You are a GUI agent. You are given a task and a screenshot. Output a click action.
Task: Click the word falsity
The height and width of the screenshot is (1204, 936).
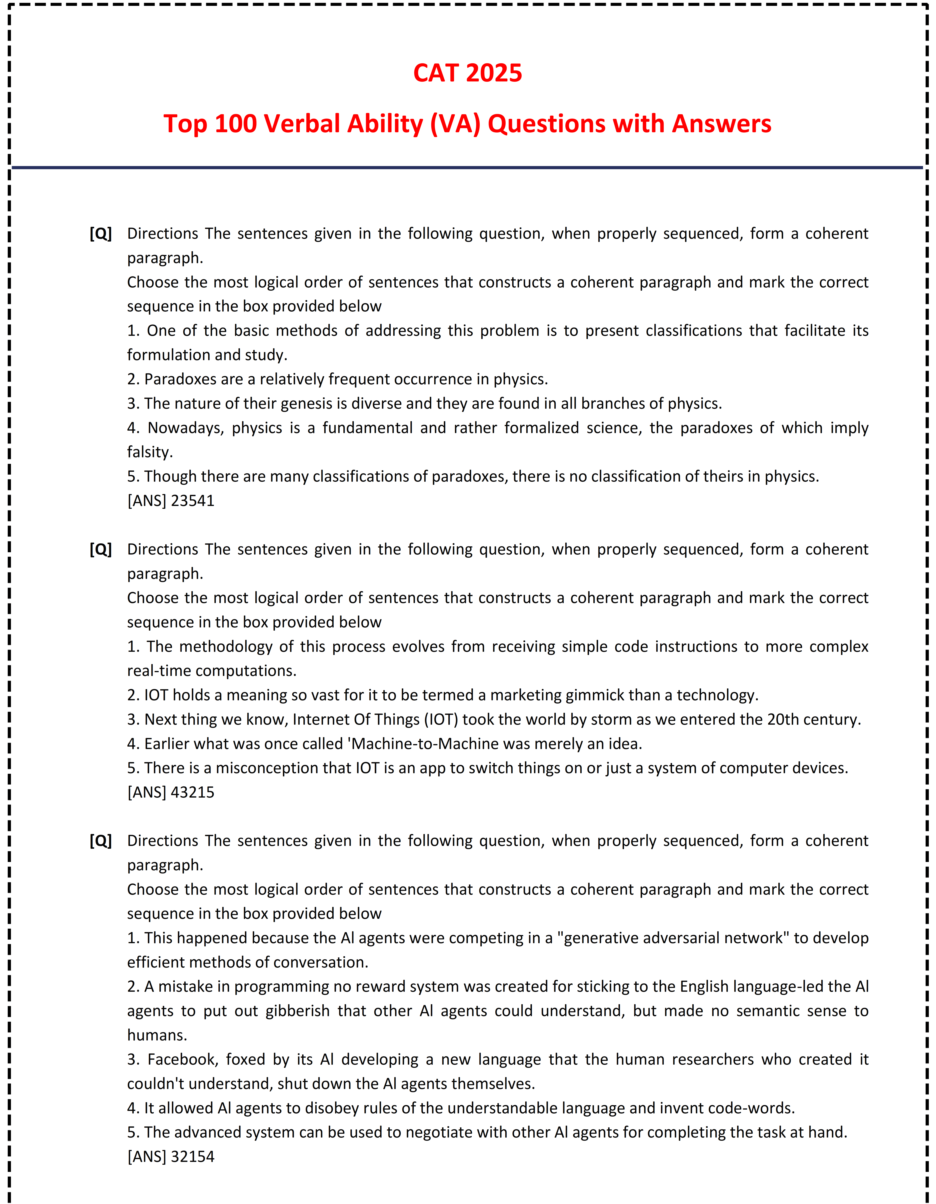pos(150,452)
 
